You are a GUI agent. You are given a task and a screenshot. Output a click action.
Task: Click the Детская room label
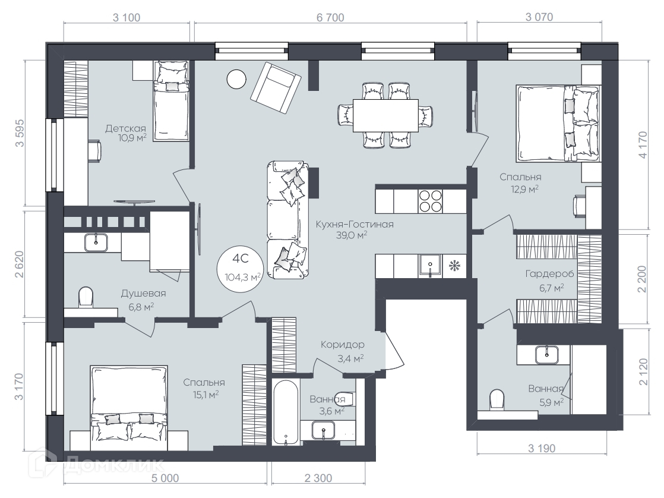pos(125,128)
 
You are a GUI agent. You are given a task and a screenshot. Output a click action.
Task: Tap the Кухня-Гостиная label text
pos(355,224)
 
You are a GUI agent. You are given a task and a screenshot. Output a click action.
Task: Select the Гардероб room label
pos(549,274)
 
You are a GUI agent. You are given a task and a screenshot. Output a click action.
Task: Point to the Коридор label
pos(342,345)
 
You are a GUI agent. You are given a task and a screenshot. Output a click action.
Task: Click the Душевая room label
pos(143,294)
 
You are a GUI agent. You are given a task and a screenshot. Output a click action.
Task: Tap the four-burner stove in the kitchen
pos(430,201)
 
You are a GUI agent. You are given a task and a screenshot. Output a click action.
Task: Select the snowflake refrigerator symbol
pos(454,266)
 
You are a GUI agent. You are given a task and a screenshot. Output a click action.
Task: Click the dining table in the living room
pos(386,116)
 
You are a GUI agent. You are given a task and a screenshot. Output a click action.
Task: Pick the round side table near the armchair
pos(236,79)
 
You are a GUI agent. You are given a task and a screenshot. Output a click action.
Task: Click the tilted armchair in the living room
pos(276,88)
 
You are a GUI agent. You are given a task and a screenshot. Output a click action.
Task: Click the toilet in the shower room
pos(86,297)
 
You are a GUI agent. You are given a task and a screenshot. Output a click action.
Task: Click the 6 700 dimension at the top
pos(330,17)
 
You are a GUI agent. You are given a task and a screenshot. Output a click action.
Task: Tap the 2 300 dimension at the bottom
pos(318,478)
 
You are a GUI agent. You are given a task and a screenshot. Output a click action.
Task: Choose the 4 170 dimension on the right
pos(643,145)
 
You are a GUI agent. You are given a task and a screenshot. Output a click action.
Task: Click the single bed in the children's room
pos(170,101)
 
